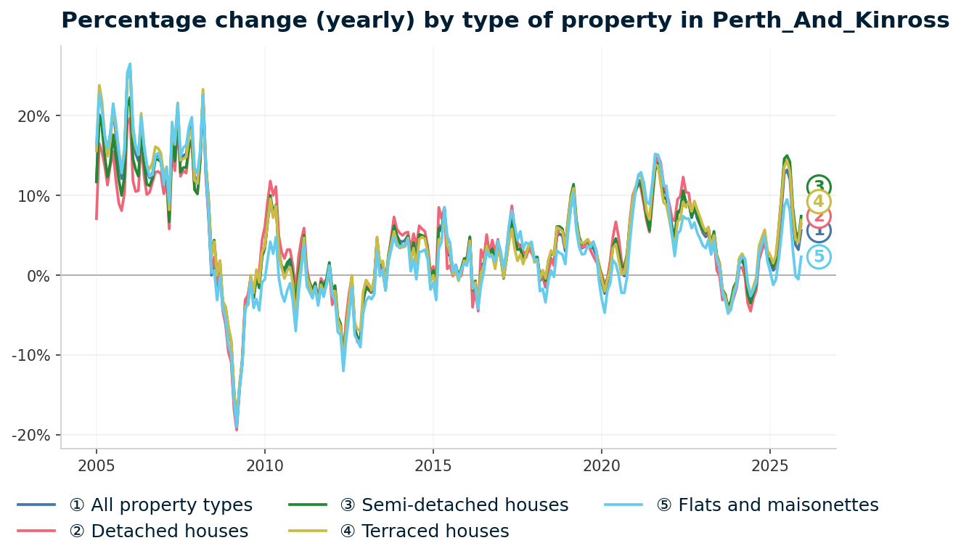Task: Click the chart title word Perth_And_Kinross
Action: [x=830, y=20]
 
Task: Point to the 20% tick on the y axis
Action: [x=34, y=116]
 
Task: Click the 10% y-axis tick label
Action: [x=34, y=196]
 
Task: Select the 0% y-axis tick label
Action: [x=38, y=276]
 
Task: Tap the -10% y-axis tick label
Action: [x=32, y=356]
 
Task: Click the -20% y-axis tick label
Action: [x=32, y=436]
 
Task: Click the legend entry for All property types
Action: [x=160, y=505]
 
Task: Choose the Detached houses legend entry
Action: [x=158, y=531]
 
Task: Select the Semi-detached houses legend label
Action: [x=465, y=505]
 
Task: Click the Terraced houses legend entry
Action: [x=435, y=531]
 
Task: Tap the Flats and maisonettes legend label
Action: [x=778, y=505]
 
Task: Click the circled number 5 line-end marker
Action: [x=819, y=257]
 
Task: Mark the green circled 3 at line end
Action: [x=819, y=187]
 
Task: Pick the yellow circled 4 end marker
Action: [x=819, y=202]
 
